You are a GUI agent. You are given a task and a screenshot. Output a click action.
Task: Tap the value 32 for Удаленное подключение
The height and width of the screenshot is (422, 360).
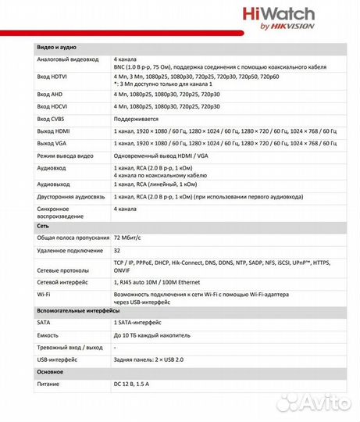click(x=117, y=250)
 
